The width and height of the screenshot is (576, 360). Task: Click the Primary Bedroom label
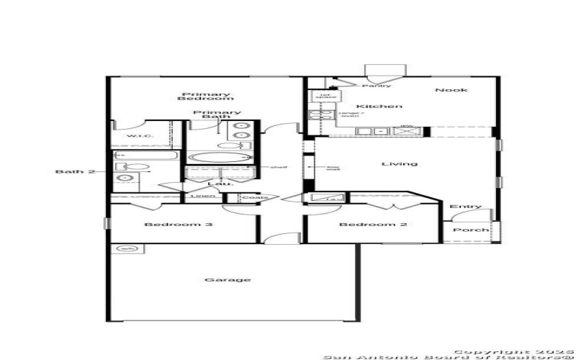coord(196,96)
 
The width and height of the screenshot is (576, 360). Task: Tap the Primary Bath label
coord(217,117)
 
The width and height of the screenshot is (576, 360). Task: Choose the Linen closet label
coord(199,197)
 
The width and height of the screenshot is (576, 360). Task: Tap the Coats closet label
coord(254,197)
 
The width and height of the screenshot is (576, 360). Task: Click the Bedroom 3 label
coord(178,225)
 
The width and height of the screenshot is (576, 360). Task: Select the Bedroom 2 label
coord(373,225)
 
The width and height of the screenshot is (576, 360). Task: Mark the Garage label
coord(217,279)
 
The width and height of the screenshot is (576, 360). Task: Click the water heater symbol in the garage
coord(127,249)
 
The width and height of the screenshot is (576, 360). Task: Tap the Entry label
coord(466,207)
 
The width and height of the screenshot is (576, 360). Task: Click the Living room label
coord(400,163)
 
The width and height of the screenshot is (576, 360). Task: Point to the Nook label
coord(451,90)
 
